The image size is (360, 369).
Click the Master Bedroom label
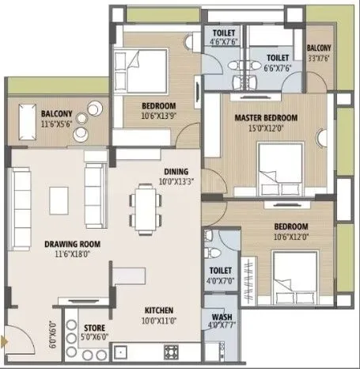click(x=265, y=118)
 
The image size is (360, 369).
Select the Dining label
click(x=176, y=171)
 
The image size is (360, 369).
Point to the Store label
click(x=95, y=326)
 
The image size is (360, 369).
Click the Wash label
click(x=215, y=315)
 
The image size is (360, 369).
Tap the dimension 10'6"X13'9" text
click(x=159, y=116)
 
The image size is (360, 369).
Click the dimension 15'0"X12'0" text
click(x=265, y=127)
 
